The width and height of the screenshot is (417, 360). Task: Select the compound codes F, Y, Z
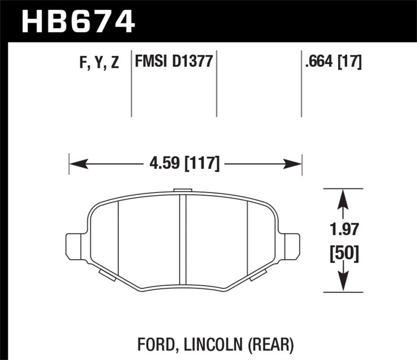pos(99,63)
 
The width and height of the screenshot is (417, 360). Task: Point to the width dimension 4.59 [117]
pos(185,164)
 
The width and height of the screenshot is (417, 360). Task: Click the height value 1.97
pos(342,229)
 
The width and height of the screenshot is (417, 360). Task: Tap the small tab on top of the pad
pos(182,190)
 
